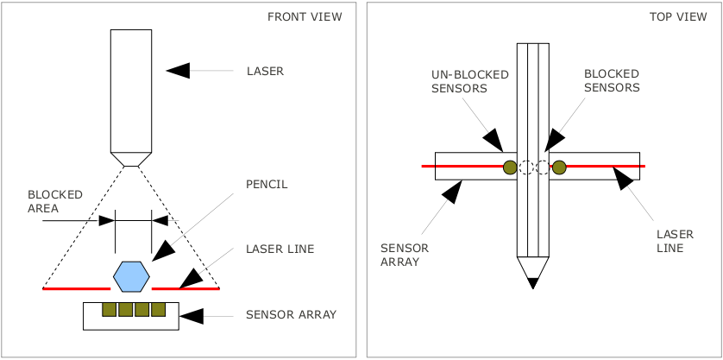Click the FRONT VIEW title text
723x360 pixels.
pos(305,17)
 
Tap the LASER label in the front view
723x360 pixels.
pos(265,72)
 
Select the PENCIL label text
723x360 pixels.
pos(267,185)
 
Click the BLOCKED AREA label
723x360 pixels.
pos(55,201)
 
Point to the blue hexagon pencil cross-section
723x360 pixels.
pos(132,277)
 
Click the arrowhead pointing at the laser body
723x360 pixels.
pos(178,71)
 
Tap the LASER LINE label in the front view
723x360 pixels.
pos(280,249)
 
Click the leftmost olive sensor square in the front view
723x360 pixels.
pos(110,309)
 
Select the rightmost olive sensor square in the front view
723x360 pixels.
pos(158,309)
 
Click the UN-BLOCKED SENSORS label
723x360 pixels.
pos(470,81)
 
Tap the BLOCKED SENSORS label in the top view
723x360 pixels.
pos(612,81)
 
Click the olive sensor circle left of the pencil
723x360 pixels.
pos(510,167)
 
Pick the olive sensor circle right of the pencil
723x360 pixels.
pos(559,167)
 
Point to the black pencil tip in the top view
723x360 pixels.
pos(532,282)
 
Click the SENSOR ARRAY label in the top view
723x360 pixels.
pos(404,254)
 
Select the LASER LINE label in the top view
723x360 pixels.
pos(670,240)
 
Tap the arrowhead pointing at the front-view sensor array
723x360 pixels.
pos(192,316)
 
